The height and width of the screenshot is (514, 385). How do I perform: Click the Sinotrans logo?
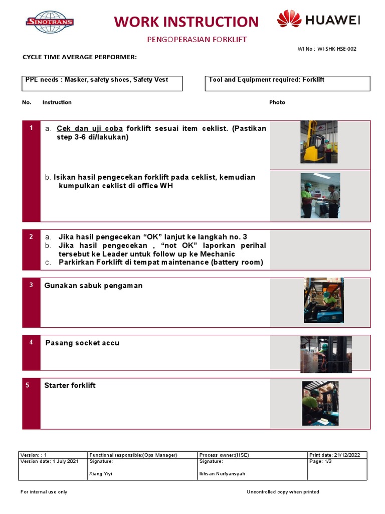tap(50, 22)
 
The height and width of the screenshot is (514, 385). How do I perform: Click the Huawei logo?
tap(318, 20)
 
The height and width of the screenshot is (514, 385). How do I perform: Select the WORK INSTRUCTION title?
tap(186, 22)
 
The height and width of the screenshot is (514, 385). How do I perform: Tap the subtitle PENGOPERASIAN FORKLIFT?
tap(197, 39)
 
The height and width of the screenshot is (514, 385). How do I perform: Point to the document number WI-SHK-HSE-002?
tap(337, 49)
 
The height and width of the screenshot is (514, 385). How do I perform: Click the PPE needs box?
tap(102, 83)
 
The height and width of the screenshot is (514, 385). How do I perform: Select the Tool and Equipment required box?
tap(287, 83)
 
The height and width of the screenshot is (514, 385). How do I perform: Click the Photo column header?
tap(277, 102)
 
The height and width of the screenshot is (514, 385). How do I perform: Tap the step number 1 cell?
tap(31, 128)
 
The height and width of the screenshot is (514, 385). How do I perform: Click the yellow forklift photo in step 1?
tap(319, 142)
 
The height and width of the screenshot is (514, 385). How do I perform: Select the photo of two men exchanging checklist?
tap(320, 195)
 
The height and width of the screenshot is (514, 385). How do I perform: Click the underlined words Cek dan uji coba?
tap(90, 128)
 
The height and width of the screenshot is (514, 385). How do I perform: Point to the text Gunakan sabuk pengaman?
tap(93, 286)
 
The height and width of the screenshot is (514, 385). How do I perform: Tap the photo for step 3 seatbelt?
tap(323, 300)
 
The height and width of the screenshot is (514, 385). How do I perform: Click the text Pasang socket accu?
tap(82, 343)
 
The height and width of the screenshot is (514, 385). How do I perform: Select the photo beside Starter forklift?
tap(320, 403)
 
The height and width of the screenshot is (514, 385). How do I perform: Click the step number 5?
tap(31, 385)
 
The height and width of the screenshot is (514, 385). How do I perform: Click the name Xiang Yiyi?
tap(101, 474)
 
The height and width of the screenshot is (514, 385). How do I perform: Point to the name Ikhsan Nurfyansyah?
tap(222, 474)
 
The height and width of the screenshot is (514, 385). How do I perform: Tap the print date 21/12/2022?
tap(348, 455)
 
